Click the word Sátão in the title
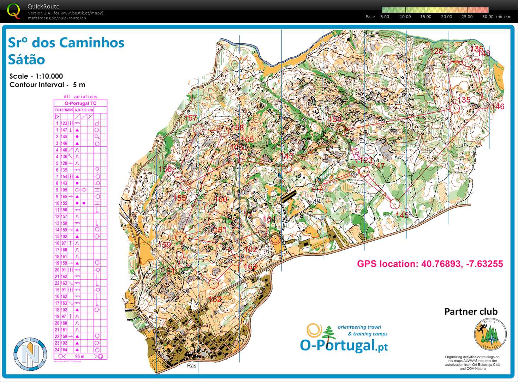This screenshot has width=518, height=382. click(26, 60)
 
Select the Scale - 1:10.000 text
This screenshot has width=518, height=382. click(36, 76)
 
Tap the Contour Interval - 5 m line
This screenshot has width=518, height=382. click(47, 85)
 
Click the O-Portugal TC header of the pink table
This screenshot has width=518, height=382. click(80, 103)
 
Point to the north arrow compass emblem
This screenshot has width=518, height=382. click(30, 354)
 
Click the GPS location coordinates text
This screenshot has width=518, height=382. click(430, 264)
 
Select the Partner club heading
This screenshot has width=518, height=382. click(471, 311)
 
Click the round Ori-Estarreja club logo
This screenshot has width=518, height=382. click(490, 334)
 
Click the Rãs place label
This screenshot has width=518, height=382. click(191, 366)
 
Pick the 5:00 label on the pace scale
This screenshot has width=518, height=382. click(385, 17)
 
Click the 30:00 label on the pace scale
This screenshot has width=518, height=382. click(488, 17)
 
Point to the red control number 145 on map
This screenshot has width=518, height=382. click(402, 215)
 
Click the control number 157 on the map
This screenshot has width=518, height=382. click(190, 118)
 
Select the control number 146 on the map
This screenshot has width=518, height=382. click(498, 107)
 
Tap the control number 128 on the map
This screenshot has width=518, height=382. click(436, 51)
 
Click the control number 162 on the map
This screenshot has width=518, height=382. click(215, 299)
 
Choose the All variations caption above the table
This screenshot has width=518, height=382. click(80, 97)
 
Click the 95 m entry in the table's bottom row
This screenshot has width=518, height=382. click(79, 357)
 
